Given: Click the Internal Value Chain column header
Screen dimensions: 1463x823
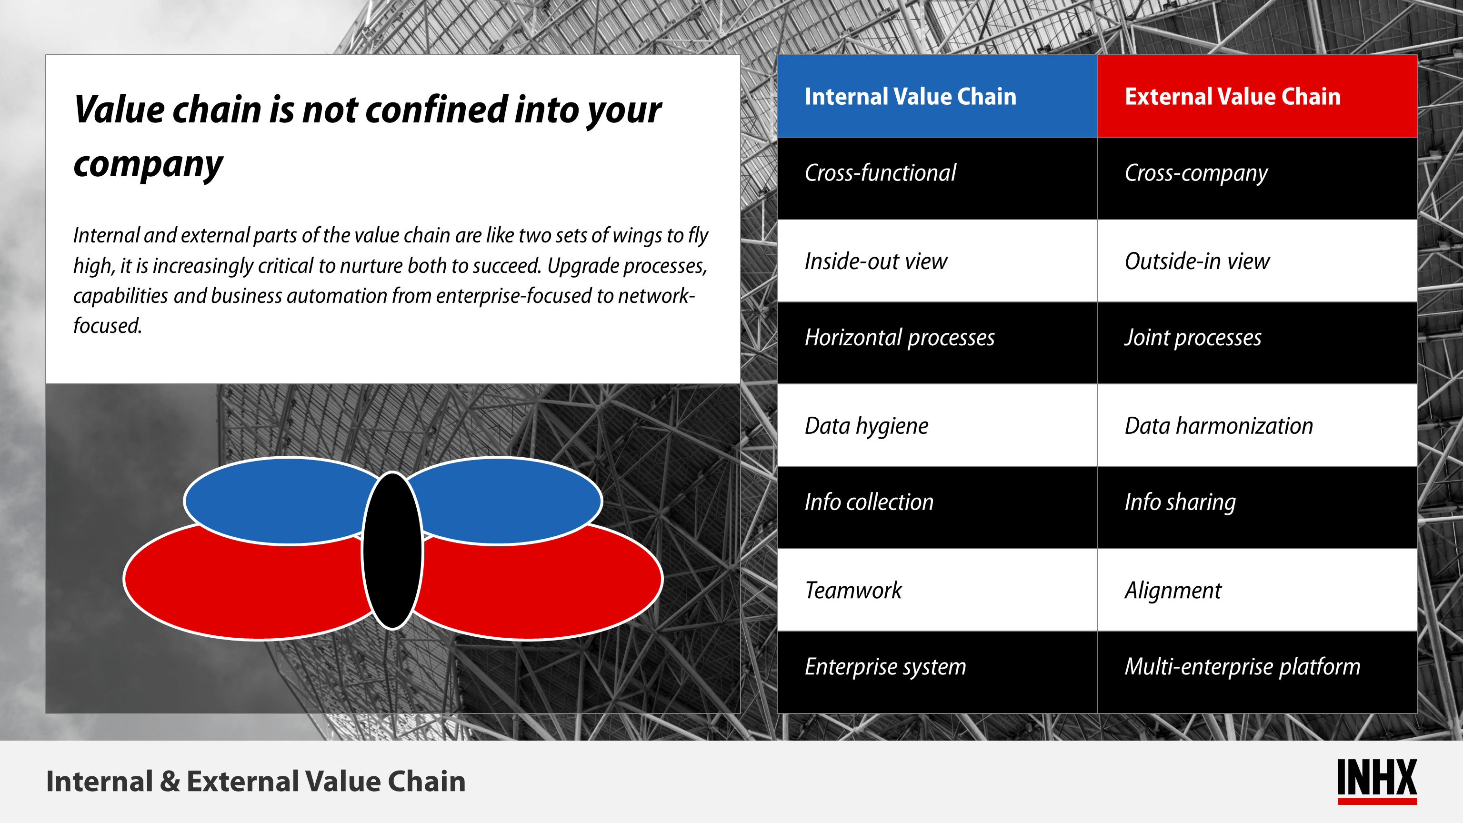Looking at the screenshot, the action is [937, 96].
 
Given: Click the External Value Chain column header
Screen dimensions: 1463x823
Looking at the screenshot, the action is [1257, 96].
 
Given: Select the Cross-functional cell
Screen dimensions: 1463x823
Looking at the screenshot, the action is [937, 178].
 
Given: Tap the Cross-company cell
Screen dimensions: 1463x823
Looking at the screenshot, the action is [1257, 178].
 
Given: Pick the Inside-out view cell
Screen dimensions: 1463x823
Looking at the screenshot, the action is [937, 261].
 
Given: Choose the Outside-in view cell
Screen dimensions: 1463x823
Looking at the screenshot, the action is [1257, 261].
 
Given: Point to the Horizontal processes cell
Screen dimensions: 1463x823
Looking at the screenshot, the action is [937, 343].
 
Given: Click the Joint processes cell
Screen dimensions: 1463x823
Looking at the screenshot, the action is [1257, 343].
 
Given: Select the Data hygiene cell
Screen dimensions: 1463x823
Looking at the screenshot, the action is [937, 425].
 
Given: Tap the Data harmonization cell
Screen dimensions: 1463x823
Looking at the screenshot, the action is [1257, 425].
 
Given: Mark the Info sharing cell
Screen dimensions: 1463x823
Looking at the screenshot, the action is [1257, 508].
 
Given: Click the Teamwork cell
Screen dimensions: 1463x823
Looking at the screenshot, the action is [937, 590].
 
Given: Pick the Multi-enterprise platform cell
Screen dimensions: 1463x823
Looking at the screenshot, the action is [1257, 672].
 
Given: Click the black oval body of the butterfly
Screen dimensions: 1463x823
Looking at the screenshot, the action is [392, 551].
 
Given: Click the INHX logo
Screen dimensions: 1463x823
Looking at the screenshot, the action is [1377, 781].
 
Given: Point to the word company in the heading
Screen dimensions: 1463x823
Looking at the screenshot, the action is [148, 165].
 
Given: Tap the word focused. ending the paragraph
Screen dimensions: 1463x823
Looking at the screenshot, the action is [107, 325].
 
